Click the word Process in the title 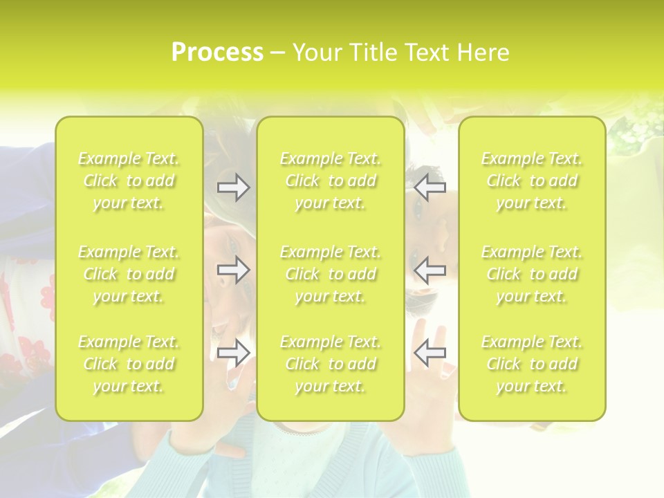217,53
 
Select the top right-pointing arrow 234,187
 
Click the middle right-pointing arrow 234,270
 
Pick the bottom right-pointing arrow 234,352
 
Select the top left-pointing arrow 430,187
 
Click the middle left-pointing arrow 430,270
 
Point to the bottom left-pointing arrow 430,352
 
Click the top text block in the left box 129,181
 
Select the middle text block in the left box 129,274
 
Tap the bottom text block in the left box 129,364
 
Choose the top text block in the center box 331,181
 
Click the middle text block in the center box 331,274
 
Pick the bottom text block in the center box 331,364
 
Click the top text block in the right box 532,181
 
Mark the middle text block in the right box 532,274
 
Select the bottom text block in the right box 532,364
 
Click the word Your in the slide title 316,53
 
